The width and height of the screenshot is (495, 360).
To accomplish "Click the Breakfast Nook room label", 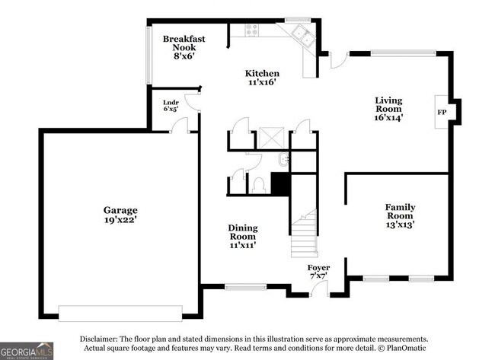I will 184,47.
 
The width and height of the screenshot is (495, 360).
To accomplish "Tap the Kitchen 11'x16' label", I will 256,78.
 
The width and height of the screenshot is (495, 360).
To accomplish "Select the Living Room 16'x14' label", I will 388,109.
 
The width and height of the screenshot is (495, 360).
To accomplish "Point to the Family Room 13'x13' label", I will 399,215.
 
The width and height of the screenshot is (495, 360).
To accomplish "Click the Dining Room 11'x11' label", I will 243,236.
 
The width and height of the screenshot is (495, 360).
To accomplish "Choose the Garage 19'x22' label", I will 120,215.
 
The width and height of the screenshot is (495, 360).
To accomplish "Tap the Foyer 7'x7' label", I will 318,272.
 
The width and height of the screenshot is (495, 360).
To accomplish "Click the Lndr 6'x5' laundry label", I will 171,106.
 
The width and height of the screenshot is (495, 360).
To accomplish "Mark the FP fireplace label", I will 441,112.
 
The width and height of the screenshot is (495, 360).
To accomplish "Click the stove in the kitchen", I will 251,30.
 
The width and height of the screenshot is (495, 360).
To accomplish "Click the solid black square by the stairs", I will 281,183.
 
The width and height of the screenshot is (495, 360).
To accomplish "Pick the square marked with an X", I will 271,138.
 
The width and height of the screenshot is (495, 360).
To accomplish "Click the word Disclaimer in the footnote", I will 102,339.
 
